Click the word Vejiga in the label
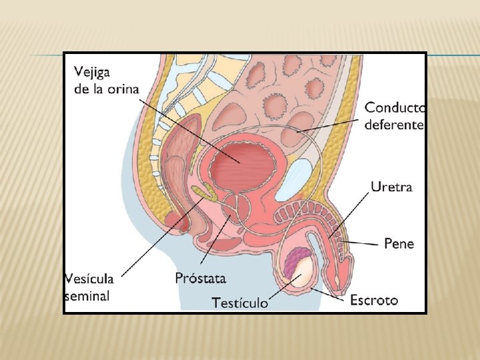93,71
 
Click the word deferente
393,125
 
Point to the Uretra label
391,187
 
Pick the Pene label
399,243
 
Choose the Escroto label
373,300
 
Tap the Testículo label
240,303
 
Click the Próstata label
201,277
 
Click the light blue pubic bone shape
291,179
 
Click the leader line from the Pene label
363,243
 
